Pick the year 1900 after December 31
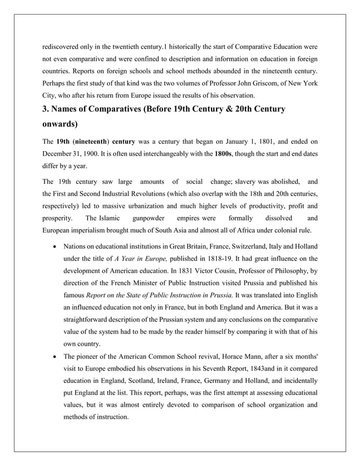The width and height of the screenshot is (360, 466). (x=91, y=153)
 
